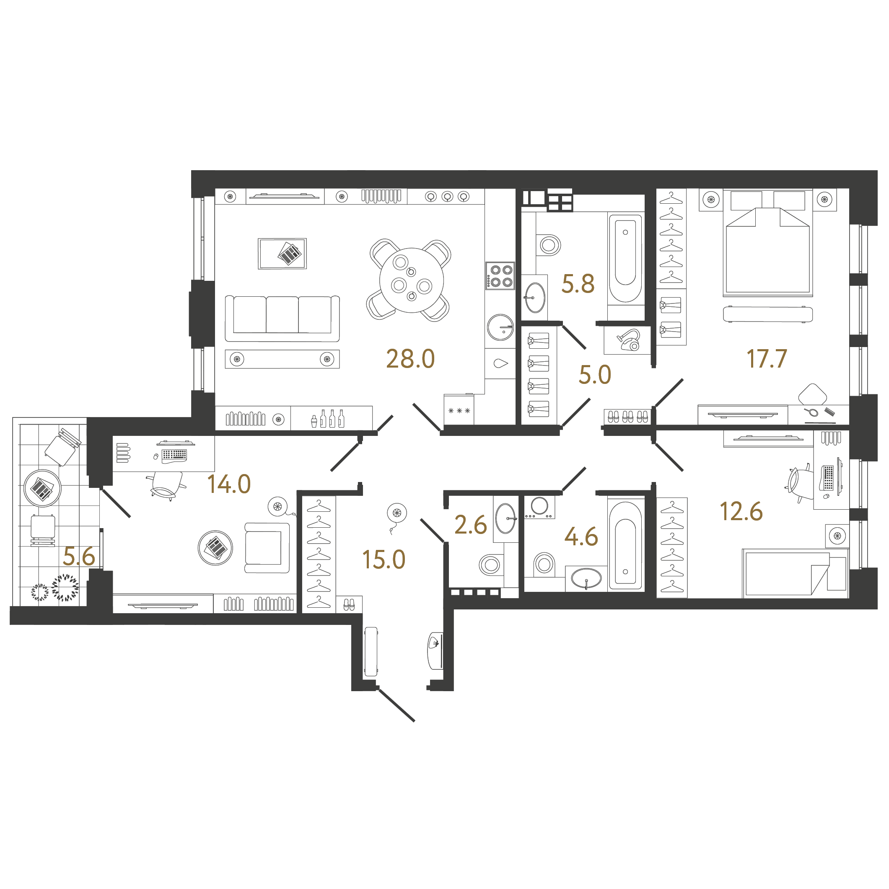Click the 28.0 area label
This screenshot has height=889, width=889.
(x=410, y=359)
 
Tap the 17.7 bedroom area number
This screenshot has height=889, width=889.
(x=767, y=359)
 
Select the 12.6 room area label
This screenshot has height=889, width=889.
(x=741, y=512)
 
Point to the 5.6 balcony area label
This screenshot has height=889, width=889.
(x=79, y=557)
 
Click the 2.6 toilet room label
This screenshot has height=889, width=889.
(x=470, y=525)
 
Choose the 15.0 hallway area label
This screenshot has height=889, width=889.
(x=384, y=560)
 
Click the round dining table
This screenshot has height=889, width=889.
(x=411, y=280)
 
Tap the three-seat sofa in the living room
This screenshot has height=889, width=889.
(x=282, y=318)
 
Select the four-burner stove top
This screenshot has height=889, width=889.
(x=500, y=276)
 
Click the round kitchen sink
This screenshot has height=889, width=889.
(x=500, y=327)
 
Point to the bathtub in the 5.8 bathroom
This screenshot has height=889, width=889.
(x=625, y=259)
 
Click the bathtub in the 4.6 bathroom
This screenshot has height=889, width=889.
(x=626, y=545)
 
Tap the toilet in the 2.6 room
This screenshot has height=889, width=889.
(x=490, y=564)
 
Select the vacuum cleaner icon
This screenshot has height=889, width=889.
(x=628, y=340)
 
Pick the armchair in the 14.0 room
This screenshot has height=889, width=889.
(x=267, y=547)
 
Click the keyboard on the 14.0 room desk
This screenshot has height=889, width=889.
(x=174, y=456)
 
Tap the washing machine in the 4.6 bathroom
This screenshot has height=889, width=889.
(x=539, y=507)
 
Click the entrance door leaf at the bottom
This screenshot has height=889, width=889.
(x=396, y=705)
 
